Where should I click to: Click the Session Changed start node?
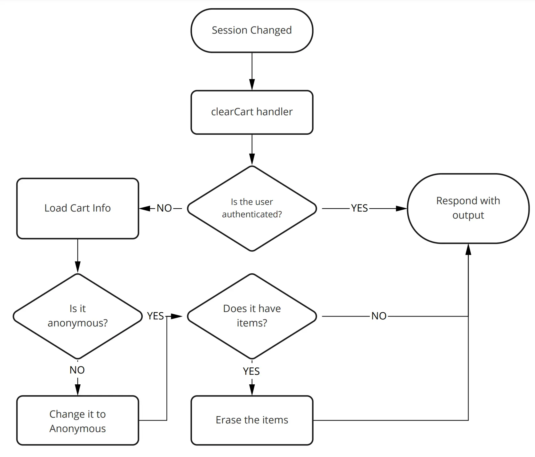tap(252, 30)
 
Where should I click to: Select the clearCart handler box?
tap(252, 112)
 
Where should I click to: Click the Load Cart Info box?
tap(77, 208)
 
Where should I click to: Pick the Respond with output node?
tap(468, 208)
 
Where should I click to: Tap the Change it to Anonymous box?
tap(77, 421)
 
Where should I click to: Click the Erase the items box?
tap(252, 420)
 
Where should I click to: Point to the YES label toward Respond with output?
tap(359, 208)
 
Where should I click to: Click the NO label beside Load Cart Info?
tap(164, 208)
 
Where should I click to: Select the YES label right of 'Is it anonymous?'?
tap(155, 316)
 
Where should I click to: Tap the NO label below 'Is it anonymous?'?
tap(77, 370)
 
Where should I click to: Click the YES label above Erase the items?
tap(251, 371)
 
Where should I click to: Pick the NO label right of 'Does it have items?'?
tap(379, 316)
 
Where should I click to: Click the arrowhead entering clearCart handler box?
tap(252, 85)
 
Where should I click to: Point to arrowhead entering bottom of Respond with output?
tap(468, 249)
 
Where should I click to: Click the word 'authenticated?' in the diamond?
tap(252, 214)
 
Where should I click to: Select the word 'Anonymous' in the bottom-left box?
tap(77, 429)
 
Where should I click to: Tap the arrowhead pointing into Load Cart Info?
tap(145, 208)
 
